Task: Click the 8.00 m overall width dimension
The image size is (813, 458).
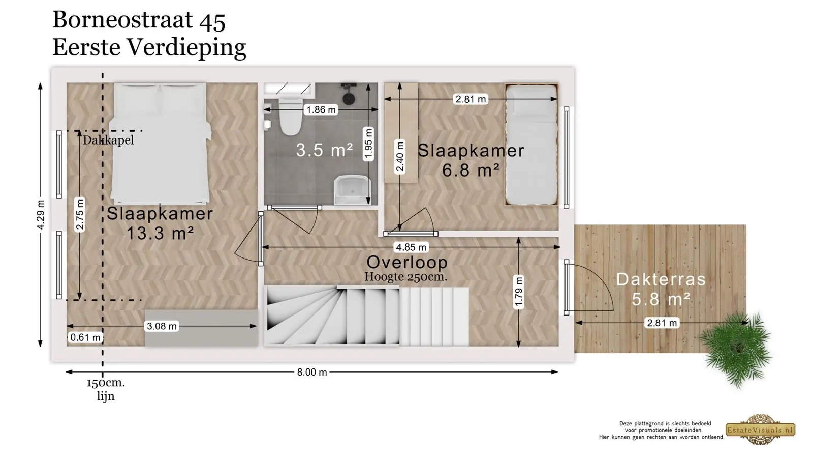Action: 312,372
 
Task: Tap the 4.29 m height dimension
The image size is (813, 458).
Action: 41,214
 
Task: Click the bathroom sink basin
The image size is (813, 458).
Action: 352,190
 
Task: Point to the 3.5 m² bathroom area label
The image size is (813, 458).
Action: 324,150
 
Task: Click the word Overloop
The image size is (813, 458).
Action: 407,262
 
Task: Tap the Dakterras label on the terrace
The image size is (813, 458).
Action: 661,279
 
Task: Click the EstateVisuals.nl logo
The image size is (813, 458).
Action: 760,430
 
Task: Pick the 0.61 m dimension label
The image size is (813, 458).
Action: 85,337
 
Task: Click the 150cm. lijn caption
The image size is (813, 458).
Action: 106,389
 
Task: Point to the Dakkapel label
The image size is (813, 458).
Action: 108,140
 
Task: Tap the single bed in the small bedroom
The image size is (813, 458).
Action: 531,145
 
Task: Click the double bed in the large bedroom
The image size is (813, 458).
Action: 160,144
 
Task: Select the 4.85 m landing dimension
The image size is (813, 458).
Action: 411,247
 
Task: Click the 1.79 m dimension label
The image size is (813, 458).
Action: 519,293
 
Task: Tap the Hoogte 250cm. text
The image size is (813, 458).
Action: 406,277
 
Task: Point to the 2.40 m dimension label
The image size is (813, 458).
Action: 399,157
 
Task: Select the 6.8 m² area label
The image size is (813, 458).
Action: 471,170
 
